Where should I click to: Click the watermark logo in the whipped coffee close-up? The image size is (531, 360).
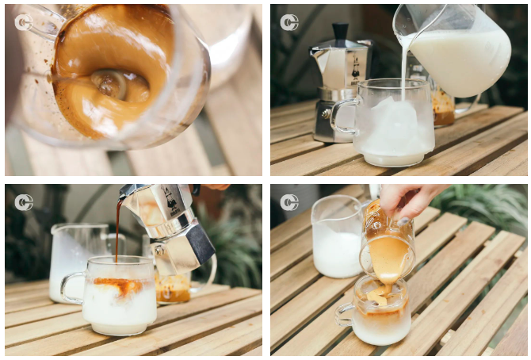click(24, 22)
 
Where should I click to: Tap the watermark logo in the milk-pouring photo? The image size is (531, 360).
click(289, 22)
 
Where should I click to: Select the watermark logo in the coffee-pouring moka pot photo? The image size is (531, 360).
click(24, 202)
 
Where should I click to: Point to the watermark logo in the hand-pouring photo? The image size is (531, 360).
click(289, 202)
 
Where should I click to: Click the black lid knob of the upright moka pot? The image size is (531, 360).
click(340, 33)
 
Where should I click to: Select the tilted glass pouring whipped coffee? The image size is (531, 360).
click(387, 246)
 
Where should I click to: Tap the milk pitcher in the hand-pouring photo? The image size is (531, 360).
click(337, 238)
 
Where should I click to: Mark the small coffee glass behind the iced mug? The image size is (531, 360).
click(442, 107)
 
